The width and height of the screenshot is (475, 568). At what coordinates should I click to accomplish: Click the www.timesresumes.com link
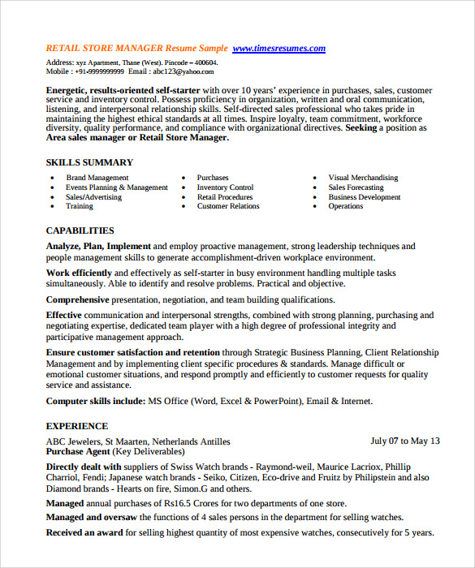[279, 49]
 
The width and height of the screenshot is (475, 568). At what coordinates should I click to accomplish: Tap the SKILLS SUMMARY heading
[89, 162]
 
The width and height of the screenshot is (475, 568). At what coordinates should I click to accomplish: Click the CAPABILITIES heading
[80, 230]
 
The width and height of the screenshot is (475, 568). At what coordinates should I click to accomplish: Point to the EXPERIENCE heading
[76, 426]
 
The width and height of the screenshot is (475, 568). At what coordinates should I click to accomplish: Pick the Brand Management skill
[97, 178]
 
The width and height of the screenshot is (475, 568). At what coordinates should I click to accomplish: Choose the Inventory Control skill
[225, 187]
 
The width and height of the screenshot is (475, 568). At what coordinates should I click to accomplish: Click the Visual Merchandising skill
[363, 178]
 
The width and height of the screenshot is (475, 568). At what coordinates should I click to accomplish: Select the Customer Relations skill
[228, 206]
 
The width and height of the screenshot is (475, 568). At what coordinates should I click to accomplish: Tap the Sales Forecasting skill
[356, 187]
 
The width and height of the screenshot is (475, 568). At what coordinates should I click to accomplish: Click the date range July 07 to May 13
[405, 441]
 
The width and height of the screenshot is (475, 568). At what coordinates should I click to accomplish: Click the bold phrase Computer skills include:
[95, 401]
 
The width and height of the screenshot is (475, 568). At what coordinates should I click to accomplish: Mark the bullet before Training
[53, 207]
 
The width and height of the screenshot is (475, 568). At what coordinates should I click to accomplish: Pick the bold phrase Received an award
[84, 532]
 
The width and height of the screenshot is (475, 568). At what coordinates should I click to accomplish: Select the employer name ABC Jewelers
[77, 441]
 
